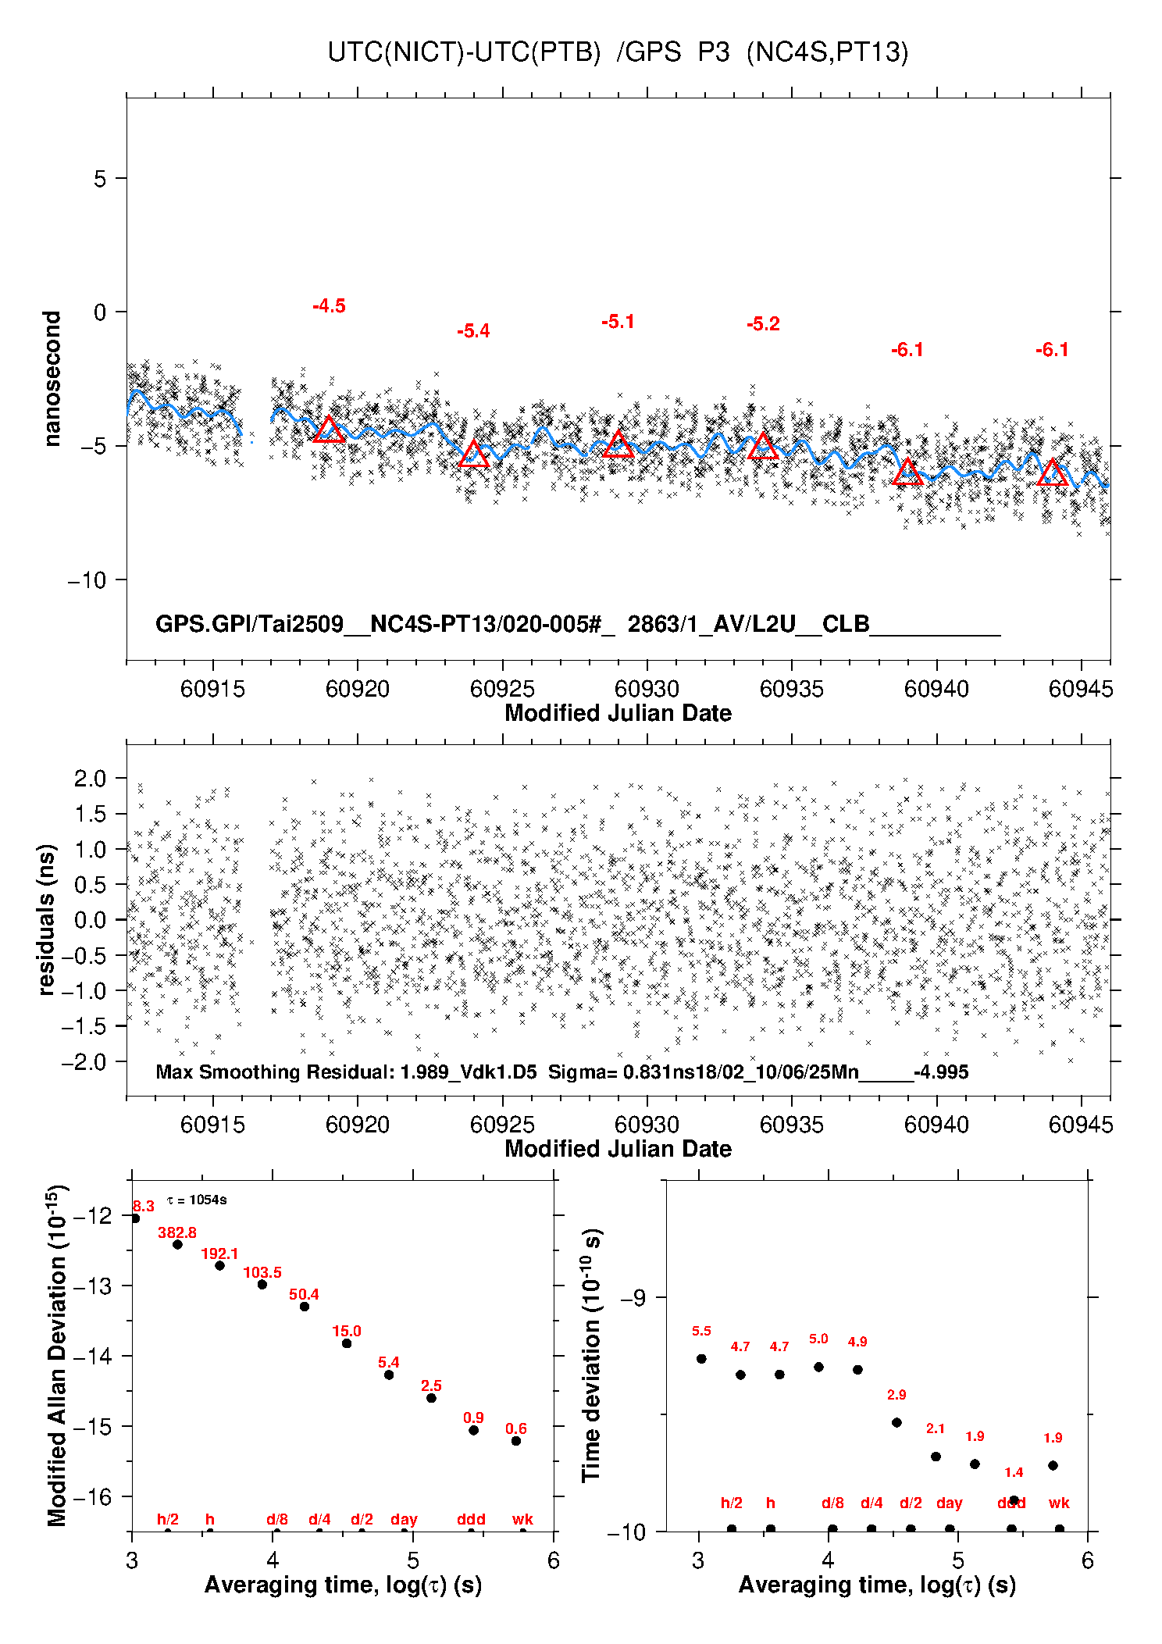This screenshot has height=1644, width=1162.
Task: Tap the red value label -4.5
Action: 329,306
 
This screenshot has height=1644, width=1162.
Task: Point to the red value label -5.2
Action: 763,324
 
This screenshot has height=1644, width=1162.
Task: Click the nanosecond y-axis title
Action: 52,379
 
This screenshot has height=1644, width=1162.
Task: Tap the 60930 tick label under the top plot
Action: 647,689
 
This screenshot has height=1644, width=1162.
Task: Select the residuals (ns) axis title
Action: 47,919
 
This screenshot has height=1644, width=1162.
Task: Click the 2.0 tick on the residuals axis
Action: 90,778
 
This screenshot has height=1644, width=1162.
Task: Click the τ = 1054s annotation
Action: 197,1200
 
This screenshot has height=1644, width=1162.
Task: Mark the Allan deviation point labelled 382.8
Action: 177,1244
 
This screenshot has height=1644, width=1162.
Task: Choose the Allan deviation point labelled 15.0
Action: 347,1343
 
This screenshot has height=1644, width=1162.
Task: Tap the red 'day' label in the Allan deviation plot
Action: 404,1519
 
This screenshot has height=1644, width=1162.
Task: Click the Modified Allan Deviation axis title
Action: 57,1355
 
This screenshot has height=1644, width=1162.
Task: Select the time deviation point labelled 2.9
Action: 896,1422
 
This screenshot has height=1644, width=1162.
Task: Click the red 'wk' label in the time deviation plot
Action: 1059,1503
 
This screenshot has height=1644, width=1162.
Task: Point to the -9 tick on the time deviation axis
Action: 633,1298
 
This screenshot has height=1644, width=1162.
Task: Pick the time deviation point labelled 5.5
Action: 701,1359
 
